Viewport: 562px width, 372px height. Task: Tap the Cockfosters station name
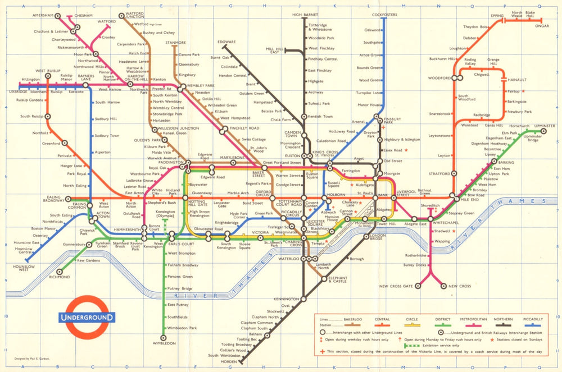click(x=384, y=14)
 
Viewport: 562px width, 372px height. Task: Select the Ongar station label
click(x=542, y=25)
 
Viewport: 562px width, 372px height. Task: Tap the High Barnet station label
click(x=304, y=14)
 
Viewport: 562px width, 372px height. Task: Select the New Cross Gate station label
click(x=396, y=286)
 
